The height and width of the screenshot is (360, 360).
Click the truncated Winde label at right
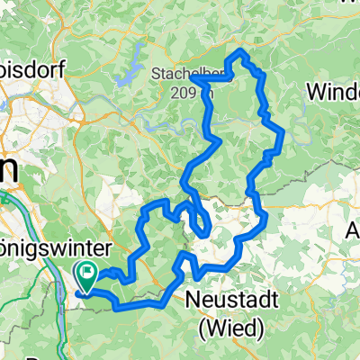point(333,93)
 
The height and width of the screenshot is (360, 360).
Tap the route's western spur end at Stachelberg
point(193,85)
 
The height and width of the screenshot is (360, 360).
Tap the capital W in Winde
point(315,93)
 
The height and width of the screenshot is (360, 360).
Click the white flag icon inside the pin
point(88,268)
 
